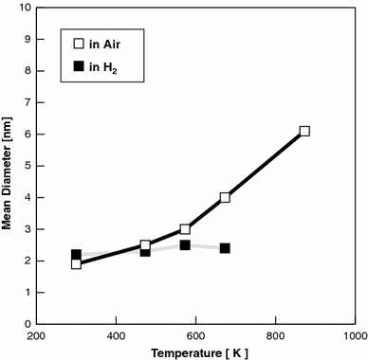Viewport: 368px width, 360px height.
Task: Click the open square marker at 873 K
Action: (x=304, y=132)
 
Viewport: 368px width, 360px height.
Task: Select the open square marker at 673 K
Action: (x=225, y=198)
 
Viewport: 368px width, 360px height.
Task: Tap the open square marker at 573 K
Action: (x=185, y=229)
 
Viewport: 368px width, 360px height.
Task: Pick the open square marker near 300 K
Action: (x=76, y=264)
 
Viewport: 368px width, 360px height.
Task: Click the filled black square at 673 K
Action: (x=225, y=248)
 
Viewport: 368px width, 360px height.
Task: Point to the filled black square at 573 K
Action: (x=185, y=245)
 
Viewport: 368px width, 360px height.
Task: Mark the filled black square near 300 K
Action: (x=76, y=255)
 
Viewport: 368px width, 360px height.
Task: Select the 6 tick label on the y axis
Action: (x=26, y=134)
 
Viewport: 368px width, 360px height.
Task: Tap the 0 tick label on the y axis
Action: (x=26, y=324)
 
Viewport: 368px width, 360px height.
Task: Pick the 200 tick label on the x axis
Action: (x=36, y=335)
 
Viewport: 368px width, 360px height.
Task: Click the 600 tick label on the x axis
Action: (x=195, y=335)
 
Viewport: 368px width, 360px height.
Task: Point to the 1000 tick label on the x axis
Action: (x=354, y=335)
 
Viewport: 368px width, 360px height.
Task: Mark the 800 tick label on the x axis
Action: (x=275, y=335)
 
